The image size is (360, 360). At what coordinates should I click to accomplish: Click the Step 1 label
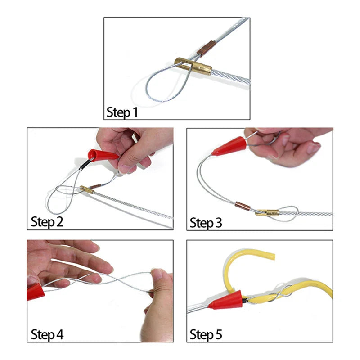point(122,112)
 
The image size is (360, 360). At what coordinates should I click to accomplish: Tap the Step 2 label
point(47,222)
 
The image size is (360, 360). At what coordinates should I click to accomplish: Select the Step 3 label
point(206,223)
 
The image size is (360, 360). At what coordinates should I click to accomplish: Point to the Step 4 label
point(47,334)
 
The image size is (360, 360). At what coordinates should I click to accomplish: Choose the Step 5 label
point(206,334)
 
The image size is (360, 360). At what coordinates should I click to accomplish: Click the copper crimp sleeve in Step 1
point(206,49)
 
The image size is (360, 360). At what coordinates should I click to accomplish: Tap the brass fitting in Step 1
point(193,66)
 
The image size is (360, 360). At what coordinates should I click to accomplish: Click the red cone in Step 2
point(103,155)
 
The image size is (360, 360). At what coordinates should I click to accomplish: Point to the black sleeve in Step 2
point(85,165)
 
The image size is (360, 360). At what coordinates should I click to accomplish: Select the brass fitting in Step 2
point(87,189)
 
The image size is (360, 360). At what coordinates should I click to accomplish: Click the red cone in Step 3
point(229,146)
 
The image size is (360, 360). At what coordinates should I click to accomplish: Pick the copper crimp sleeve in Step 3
point(243,207)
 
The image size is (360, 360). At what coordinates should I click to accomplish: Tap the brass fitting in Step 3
point(267,213)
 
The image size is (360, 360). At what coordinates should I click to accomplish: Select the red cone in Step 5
point(226,300)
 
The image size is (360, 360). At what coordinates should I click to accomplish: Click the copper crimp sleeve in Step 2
point(95,186)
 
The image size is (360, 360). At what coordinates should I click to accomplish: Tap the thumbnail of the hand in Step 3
point(313,148)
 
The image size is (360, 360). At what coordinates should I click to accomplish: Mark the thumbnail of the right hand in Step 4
point(157,274)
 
